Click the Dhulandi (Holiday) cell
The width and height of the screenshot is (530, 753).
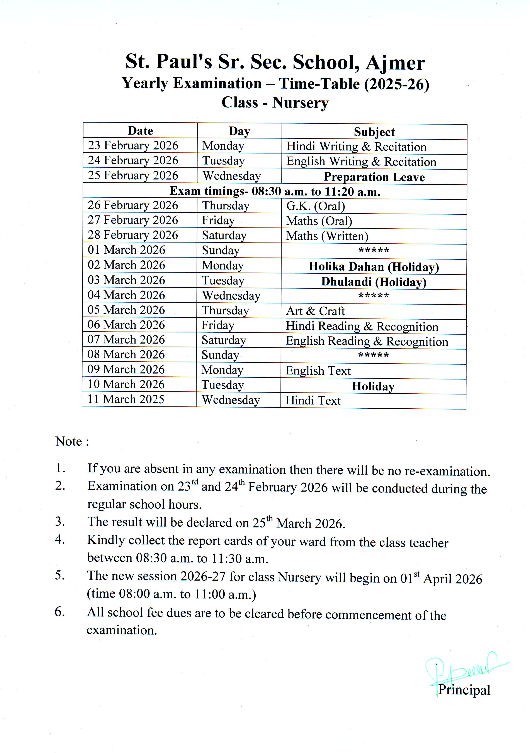click(374, 282)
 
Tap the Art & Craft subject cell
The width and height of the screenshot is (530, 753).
click(315, 311)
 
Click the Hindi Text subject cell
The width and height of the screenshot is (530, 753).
click(313, 400)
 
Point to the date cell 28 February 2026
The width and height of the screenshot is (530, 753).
click(133, 235)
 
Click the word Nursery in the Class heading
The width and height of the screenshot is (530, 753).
click(300, 103)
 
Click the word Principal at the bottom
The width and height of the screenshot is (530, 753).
click(464, 690)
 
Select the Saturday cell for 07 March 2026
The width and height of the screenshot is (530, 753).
click(224, 340)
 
